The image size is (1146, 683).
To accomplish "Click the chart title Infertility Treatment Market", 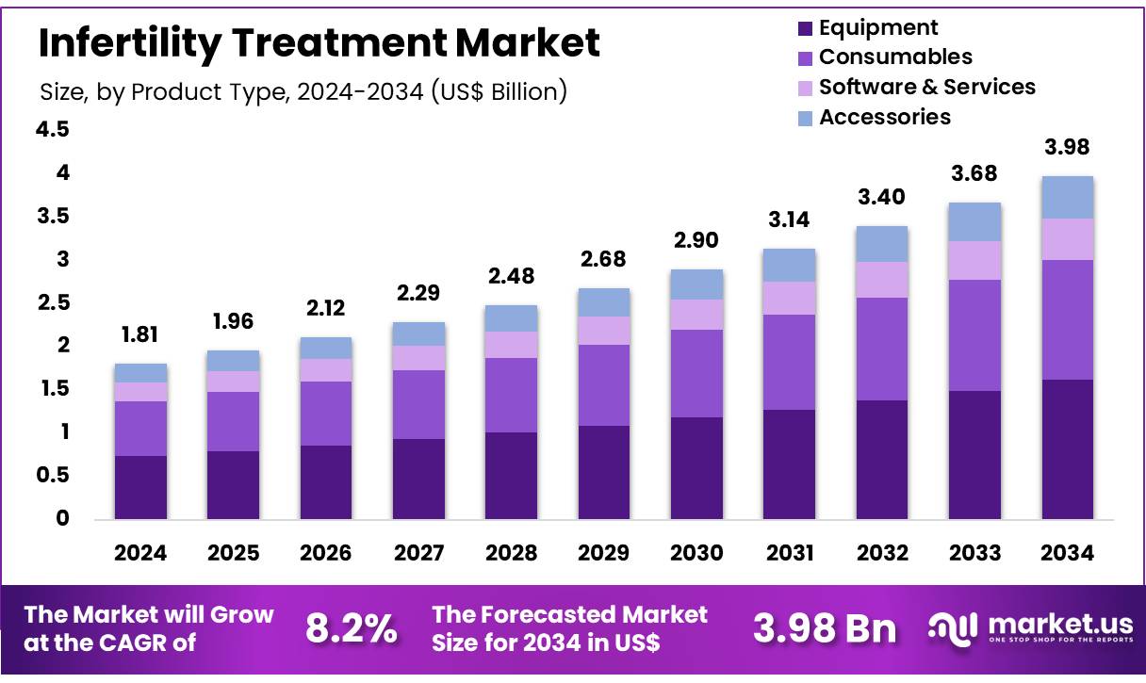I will pos(319,43).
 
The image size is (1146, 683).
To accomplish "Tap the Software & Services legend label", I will pos(926,87).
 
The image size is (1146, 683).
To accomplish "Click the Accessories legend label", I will pos(884,117).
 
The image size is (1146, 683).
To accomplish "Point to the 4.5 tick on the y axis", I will pos(52,129).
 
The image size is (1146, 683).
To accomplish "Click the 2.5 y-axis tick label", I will pos(52,302).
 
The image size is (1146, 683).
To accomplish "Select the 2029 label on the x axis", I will pos(604,553).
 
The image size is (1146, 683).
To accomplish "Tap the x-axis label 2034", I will pos(1068,553).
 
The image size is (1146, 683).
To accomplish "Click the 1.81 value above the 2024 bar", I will pos(140,334).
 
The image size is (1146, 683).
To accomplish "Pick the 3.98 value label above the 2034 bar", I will pos(1068,147).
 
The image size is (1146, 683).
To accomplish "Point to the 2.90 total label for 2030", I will pos(696,240).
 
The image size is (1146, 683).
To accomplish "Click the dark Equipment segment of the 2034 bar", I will pos(1068,448).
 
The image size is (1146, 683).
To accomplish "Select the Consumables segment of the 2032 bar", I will pos(882,349).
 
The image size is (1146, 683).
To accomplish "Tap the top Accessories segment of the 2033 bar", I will pos(974,221).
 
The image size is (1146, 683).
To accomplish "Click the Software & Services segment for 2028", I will pos(511,344).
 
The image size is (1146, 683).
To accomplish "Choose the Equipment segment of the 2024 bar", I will pos(140,487).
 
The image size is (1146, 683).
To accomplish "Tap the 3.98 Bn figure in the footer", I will pos(825,629).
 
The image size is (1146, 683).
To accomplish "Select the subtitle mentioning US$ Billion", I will pos(303,92).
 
